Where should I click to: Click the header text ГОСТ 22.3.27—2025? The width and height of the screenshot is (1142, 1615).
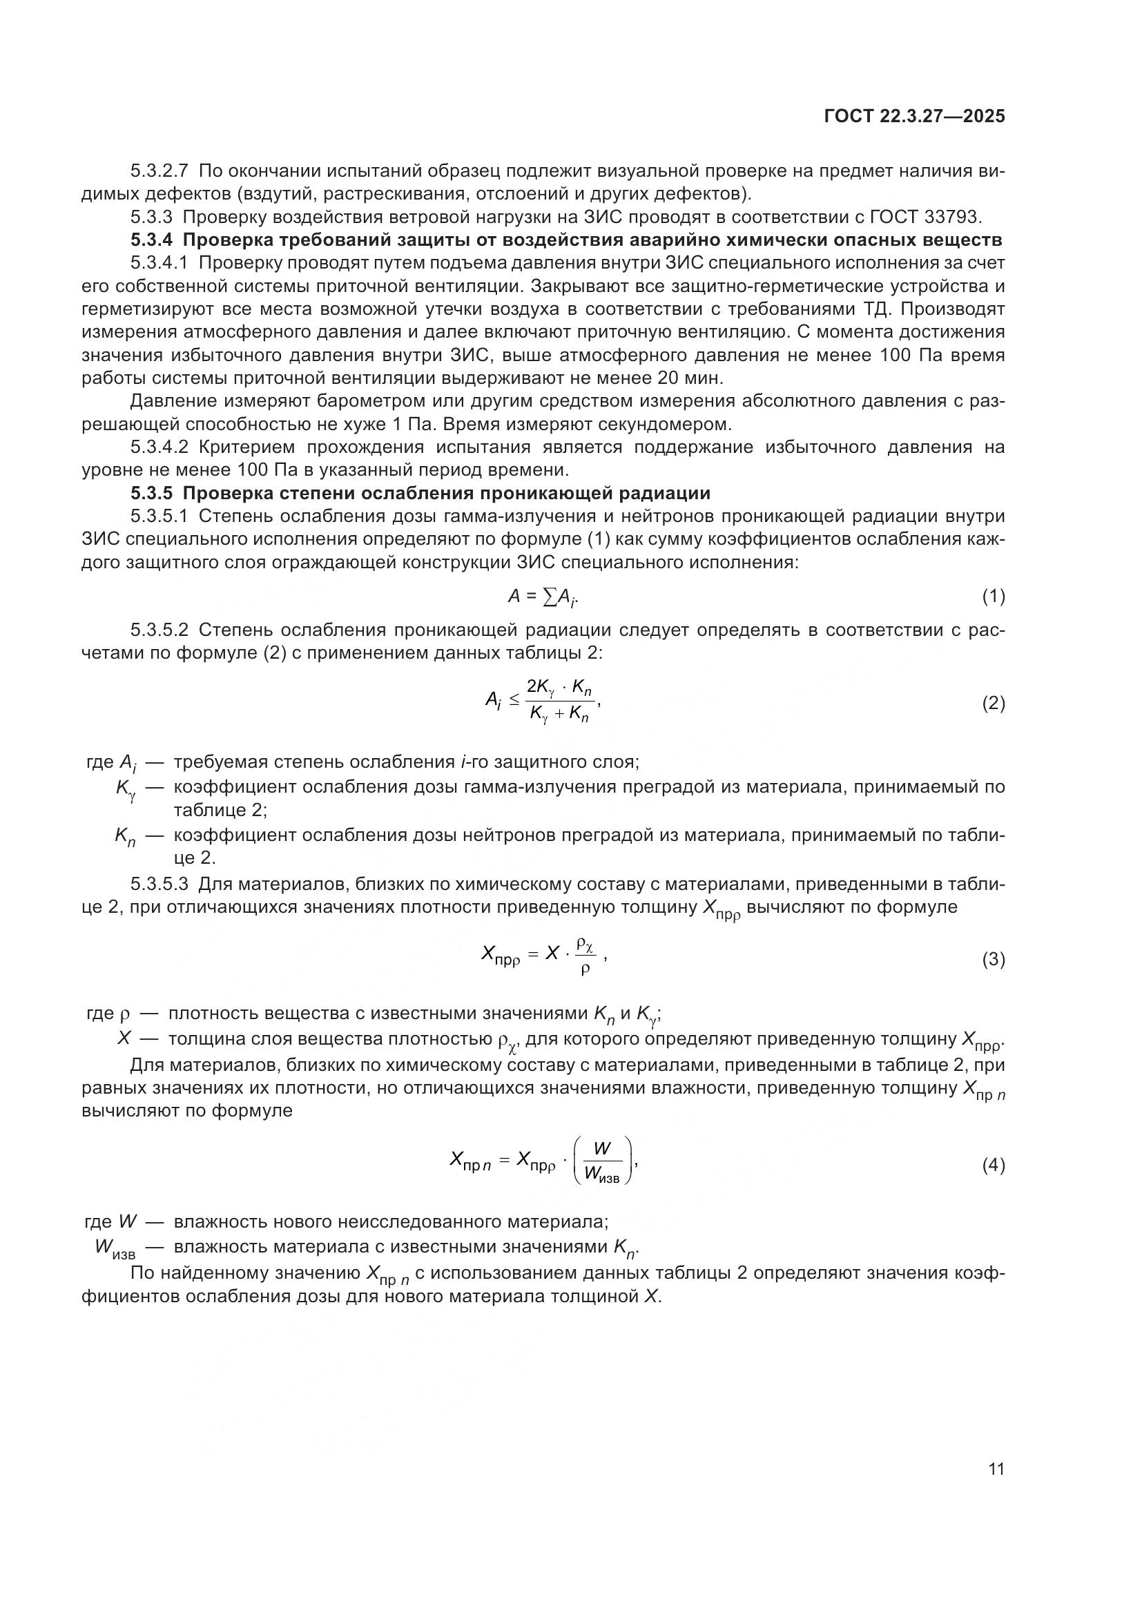(914, 117)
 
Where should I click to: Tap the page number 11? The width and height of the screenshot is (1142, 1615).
(996, 1469)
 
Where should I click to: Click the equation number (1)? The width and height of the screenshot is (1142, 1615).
(993, 597)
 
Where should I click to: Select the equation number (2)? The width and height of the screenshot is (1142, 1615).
(993, 704)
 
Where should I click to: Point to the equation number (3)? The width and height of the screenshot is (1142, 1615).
(993, 960)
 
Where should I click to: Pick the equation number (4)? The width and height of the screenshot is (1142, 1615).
(993, 1166)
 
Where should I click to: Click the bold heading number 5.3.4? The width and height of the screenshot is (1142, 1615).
(151, 240)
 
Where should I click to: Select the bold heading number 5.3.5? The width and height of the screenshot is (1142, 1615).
(151, 493)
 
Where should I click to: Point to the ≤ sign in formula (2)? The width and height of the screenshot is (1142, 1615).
(514, 699)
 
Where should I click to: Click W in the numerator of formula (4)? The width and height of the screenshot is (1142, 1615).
(602, 1149)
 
